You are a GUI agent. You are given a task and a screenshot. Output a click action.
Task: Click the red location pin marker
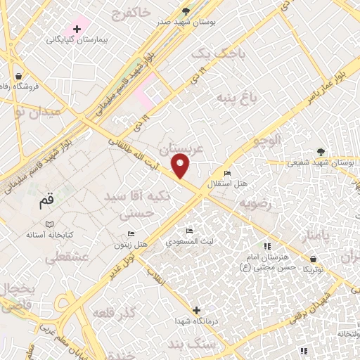pos(181,167)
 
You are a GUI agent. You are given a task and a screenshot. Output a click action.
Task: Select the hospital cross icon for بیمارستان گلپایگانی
pos(77,27)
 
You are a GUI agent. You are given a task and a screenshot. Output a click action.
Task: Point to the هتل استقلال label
pos(226,184)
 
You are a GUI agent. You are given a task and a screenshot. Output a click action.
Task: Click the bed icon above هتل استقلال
pos(226,174)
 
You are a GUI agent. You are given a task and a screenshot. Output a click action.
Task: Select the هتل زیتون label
pos(131,243)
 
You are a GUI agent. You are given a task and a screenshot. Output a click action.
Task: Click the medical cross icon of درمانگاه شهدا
pos(196,309)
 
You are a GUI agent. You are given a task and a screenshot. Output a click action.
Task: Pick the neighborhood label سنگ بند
pos(228,344)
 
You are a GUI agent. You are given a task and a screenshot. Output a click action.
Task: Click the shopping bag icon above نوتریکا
pos(307,258)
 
